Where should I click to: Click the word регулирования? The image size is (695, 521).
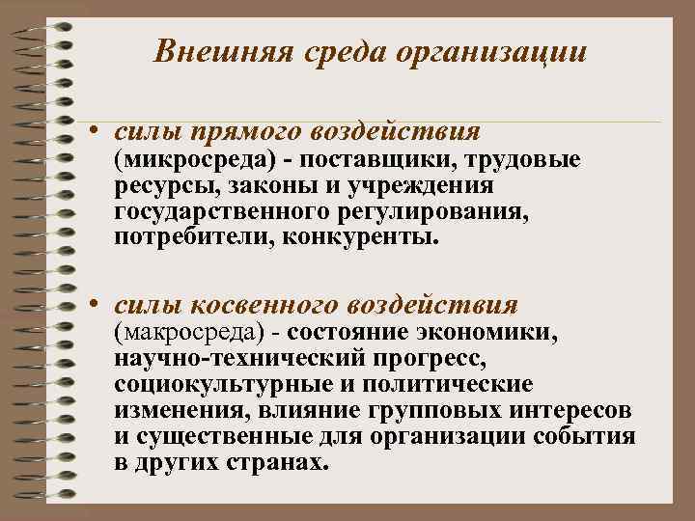431,210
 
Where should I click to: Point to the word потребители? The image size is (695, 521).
192,236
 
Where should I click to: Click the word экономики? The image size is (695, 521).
493,333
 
